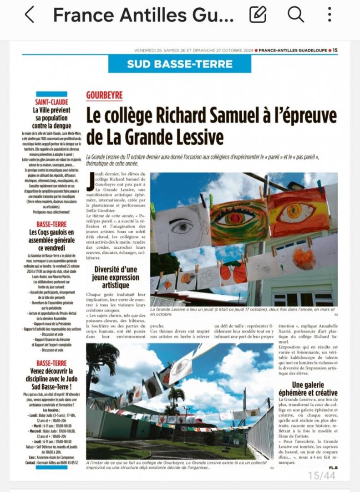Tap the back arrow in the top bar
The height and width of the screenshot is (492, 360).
pyautogui.click(x=29, y=15)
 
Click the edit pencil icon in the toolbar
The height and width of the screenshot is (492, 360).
pyautogui.click(x=258, y=15)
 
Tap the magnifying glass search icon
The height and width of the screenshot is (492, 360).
pyautogui.click(x=295, y=15)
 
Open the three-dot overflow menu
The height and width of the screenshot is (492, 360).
pyautogui.click(x=330, y=15)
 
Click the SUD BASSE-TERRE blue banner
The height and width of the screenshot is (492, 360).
pyautogui.click(x=179, y=64)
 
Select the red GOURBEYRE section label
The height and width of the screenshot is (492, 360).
pyautogui.click(x=104, y=95)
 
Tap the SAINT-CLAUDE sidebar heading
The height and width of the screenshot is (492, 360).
pyautogui.click(x=51, y=102)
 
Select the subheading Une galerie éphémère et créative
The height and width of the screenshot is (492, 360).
pyautogui.click(x=308, y=389)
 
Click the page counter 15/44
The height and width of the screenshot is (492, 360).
pyautogui.click(x=321, y=475)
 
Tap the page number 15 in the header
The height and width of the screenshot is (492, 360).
pyautogui.click(x=335, y=51)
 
